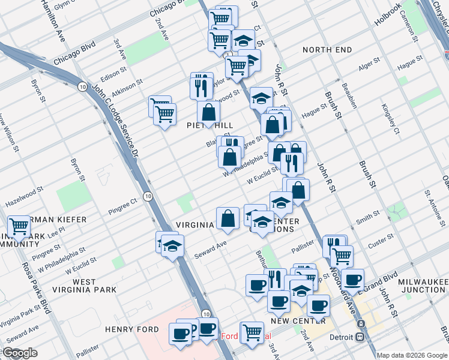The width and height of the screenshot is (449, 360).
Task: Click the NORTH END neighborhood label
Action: pyautogui.click(x=327, y=50)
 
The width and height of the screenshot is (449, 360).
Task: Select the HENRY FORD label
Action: pyautogui.click(x=131, y=329)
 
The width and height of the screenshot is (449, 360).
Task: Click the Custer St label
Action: pyautogui.click(x=381, y=239)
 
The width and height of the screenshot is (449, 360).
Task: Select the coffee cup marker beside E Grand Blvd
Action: pyautogui.click(x=353, y=280)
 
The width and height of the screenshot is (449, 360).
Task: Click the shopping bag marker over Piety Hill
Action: pyautogui.click(x=208, y=112)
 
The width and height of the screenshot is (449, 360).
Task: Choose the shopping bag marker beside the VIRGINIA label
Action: pyautogui.click(x=228, y=218)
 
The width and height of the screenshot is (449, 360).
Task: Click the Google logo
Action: pyautogui.click(x=20, y=353)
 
